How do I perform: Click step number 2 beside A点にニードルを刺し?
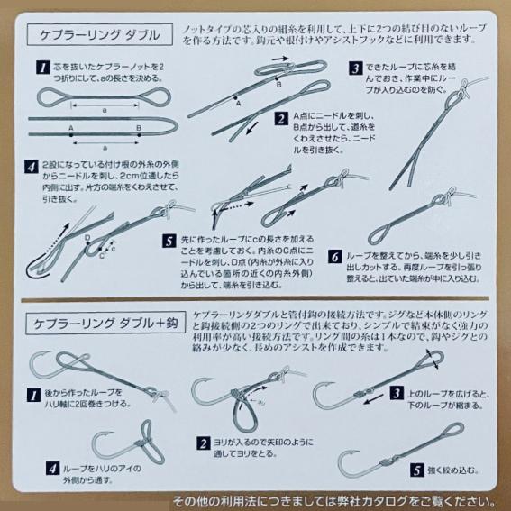[284, 118]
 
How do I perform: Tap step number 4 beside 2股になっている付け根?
[33, 166]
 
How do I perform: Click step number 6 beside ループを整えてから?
[336, 257]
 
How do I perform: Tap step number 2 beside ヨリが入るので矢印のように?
[204, 443]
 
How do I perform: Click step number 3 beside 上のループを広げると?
[395, 393]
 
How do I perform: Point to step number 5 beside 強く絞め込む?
[417, 470]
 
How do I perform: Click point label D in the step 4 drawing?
[87, 238]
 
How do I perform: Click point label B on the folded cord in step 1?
[139, 129]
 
